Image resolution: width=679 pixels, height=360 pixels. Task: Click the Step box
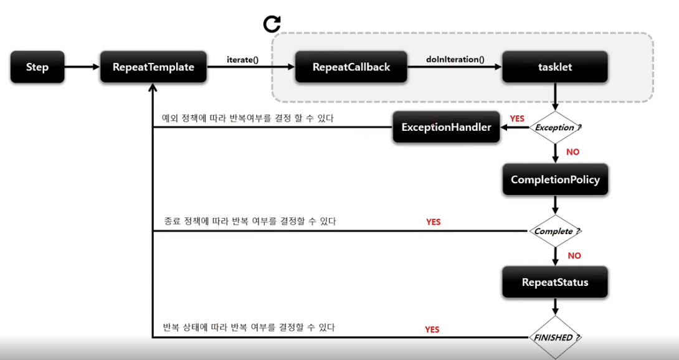[x=37, y=67]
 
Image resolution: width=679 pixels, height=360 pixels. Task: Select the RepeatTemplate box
[x=153, y=67]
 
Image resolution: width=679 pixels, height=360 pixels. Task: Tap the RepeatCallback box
[x=351, y=67]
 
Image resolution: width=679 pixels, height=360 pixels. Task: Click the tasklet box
[x=554, y=67]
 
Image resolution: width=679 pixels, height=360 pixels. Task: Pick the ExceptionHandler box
[x=446, y=127]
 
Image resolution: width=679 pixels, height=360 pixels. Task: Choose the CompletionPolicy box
[x=555, y=180]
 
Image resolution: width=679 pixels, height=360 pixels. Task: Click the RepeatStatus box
[x=555, y=282]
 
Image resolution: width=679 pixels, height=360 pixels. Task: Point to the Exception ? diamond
[x=555, y=128]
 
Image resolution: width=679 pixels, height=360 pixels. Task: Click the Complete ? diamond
[x=555, y=231]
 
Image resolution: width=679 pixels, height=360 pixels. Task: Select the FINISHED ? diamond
[x=555, y=338]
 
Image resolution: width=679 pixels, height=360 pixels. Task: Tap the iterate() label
[x=243, y=60]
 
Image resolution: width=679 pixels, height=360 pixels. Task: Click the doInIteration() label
[x=455, y=60]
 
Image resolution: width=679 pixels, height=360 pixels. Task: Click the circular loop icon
[x=272, y=24]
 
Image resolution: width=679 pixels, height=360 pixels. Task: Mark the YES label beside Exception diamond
[x=517, y=118]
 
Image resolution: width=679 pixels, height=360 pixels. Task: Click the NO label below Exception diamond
[x=574, y=151]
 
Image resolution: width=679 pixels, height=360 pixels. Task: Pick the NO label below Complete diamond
[x=574, y=255]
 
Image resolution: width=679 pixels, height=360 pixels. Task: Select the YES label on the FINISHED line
[x=432, y=329]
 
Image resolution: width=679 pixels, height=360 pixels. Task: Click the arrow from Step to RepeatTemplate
[x=82, y=67]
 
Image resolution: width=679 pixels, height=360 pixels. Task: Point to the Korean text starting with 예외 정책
[x=248, y=118]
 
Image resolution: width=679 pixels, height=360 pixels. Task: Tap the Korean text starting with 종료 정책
[x=250, y=221]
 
